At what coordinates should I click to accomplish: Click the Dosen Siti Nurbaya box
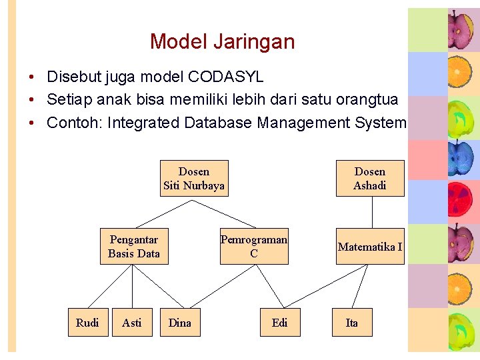(x=194, y=179)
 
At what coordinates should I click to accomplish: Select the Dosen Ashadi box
(x=370, y=179)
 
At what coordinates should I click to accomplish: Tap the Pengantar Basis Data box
(x=134, y=246)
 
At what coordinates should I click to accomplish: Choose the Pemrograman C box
(x=254, y=246)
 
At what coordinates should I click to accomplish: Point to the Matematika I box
(x=370, y=247)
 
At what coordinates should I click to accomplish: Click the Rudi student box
(x=87, y=323)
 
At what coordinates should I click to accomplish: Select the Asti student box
(x=132, y=323)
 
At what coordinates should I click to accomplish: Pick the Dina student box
(x=180, y=323)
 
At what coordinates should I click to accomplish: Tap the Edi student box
(x=280, y=323)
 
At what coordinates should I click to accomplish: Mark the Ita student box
(x=352, y=323)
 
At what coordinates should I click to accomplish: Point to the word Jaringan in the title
(x=253, y=42)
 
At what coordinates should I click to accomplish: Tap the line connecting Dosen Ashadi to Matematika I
(x=371, y=212)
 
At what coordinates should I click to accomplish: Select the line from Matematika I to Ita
(x=361, y=286)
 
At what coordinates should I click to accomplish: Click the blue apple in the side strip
(x=460, y=159)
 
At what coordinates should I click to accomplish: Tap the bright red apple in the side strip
(x=460, y=201)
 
